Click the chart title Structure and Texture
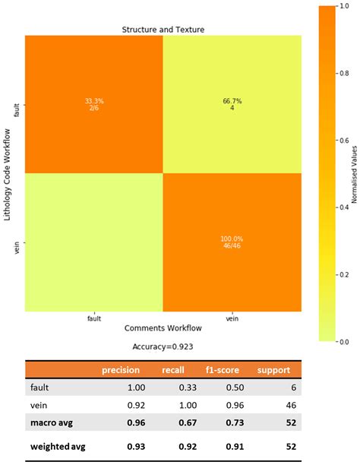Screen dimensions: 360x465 pos(163,30)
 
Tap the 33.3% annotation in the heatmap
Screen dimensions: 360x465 pos(94,101)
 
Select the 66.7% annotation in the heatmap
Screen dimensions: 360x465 pos(232,101)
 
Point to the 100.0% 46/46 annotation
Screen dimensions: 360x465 pos(232,242)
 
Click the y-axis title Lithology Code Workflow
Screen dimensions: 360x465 pos(8,175)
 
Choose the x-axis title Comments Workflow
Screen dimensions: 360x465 pos(163,328)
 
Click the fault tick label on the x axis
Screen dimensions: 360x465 pos(94,318)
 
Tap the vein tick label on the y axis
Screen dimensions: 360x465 pos(17,248)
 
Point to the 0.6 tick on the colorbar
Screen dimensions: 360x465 pos(344,141)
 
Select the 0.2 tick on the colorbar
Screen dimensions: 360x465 pos(344,274)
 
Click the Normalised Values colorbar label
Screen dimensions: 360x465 pos(354,175)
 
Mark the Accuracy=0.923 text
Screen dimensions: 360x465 pos(163,346)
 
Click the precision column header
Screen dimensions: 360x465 pos(121,370)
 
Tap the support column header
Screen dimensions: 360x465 pos(273,370)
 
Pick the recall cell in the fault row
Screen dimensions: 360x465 pos(188,387)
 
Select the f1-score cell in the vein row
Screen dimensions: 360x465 pos(235,405)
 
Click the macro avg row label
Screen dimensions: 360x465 pos(52,422)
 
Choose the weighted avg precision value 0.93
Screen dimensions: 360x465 pos(136,446)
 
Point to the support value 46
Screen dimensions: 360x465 pos(291,405)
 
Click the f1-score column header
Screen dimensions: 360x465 pos(223,370)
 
